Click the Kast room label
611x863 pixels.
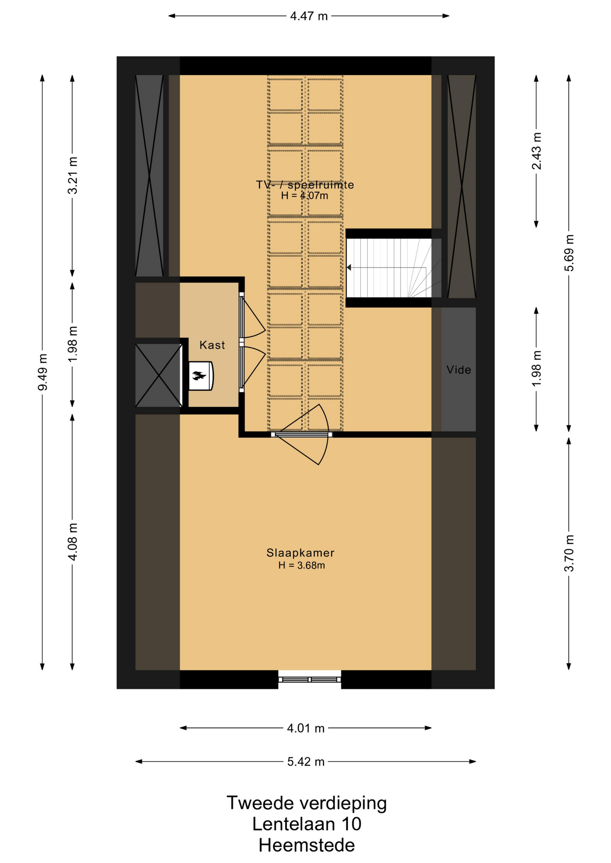point(212,345)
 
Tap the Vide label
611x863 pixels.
point(458,369)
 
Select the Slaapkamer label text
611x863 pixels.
point(300,552)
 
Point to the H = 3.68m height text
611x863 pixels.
point(301,565)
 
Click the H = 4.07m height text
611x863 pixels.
point(305,196)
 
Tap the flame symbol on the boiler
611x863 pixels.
point(198,375)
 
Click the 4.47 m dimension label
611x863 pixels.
point(309,16)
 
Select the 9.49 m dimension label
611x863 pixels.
point(42,372)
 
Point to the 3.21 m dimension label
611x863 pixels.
point(72,175)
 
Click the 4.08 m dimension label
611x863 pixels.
point(72,542)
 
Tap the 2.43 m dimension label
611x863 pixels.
point(536,151)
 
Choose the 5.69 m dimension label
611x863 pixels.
point(569,253)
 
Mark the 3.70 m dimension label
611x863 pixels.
point(569,553)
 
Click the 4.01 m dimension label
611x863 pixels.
point(306,728)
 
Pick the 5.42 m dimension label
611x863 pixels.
point(306,761)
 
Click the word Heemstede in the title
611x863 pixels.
point(306,845)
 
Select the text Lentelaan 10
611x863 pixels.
point(306,824)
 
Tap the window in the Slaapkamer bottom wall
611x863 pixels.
point(310,679)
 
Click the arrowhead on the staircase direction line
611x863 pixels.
point(349,267)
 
